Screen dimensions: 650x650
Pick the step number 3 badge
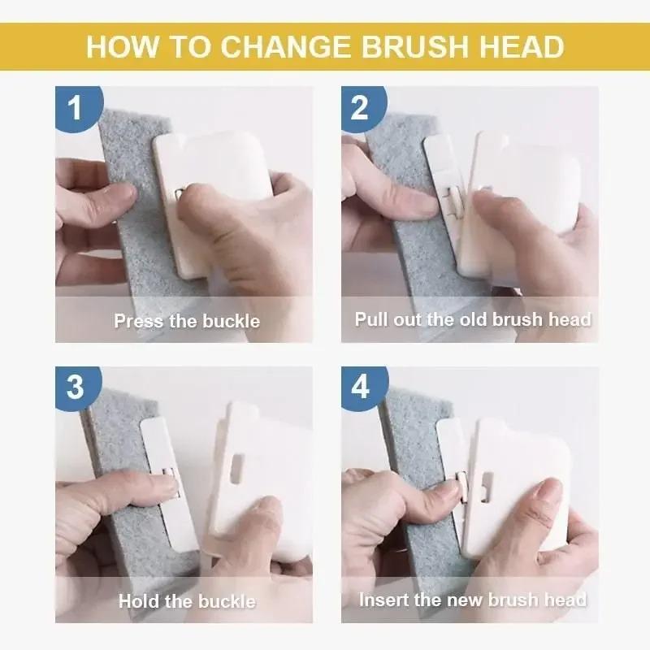point(75,387)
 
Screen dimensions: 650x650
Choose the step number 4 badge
point(360,387)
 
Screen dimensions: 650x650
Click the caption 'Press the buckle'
point(187,321)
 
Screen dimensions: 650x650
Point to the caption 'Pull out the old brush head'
point(473,319)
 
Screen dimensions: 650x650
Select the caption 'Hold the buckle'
point(187,601)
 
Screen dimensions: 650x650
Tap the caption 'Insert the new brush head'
point(473,600)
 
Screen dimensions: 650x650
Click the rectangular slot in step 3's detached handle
point(237,465)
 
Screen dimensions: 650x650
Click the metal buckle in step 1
point(180,192)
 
